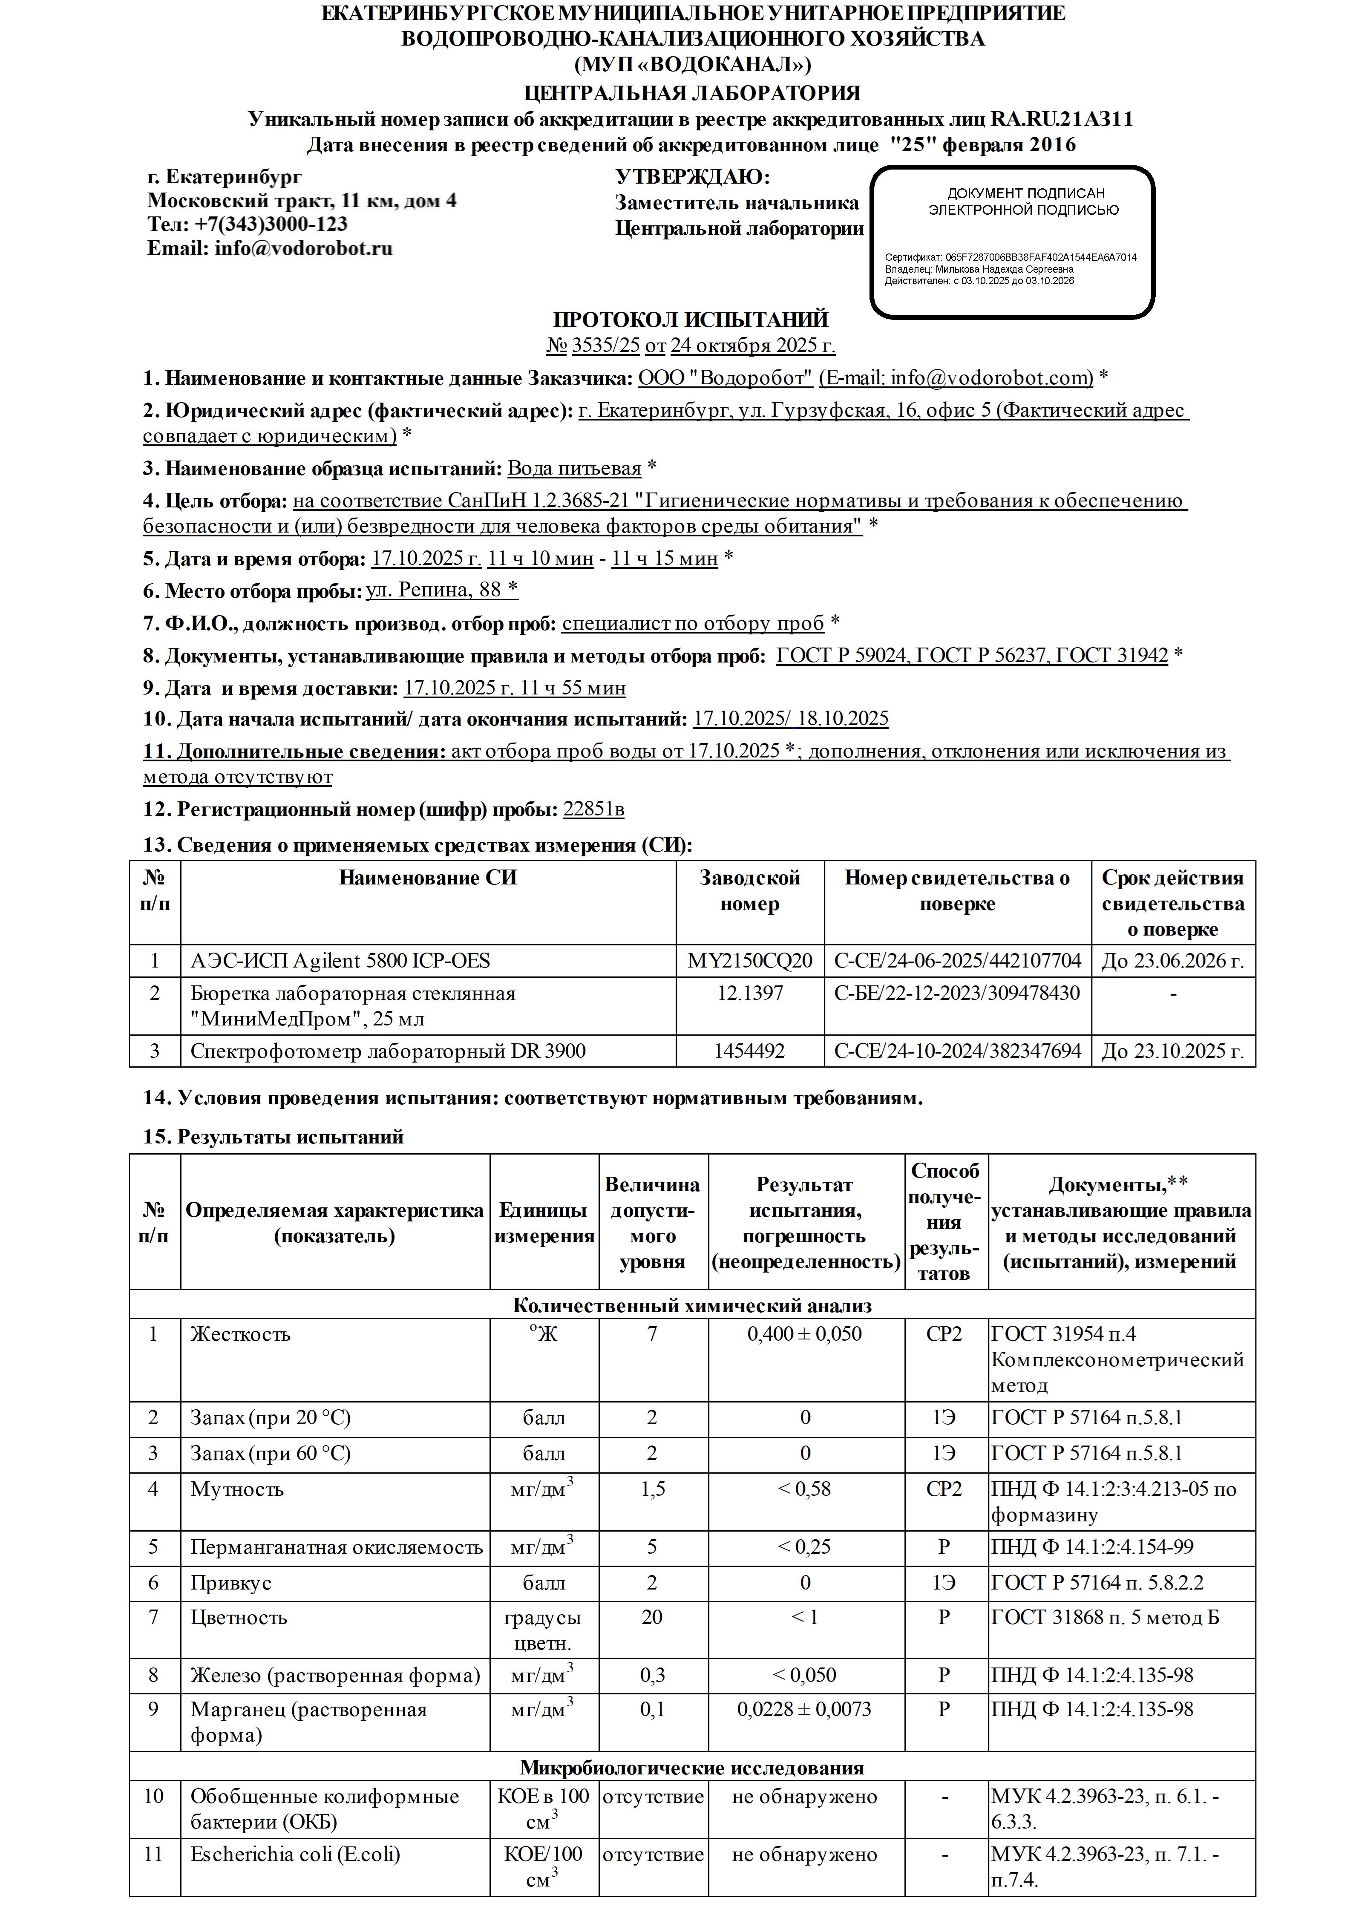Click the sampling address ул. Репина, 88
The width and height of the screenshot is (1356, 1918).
click(441, 590)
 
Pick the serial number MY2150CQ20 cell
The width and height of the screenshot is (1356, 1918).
click(749, 961)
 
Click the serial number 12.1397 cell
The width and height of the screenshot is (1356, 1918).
click(749, 993)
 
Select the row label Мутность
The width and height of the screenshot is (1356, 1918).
click(237, 1489)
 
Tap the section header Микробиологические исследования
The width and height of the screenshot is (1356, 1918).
click(691, 1768)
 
